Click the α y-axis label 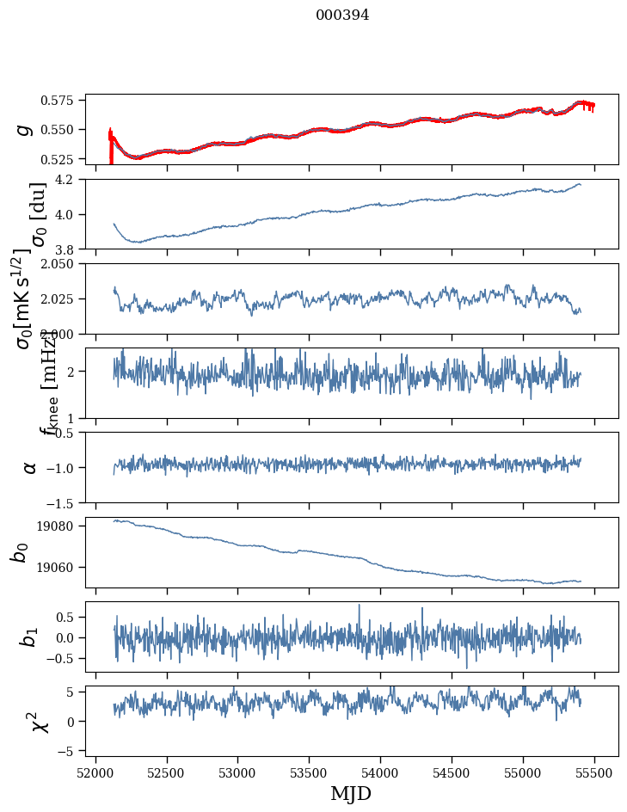29,467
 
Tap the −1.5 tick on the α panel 65,502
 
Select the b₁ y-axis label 29,637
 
